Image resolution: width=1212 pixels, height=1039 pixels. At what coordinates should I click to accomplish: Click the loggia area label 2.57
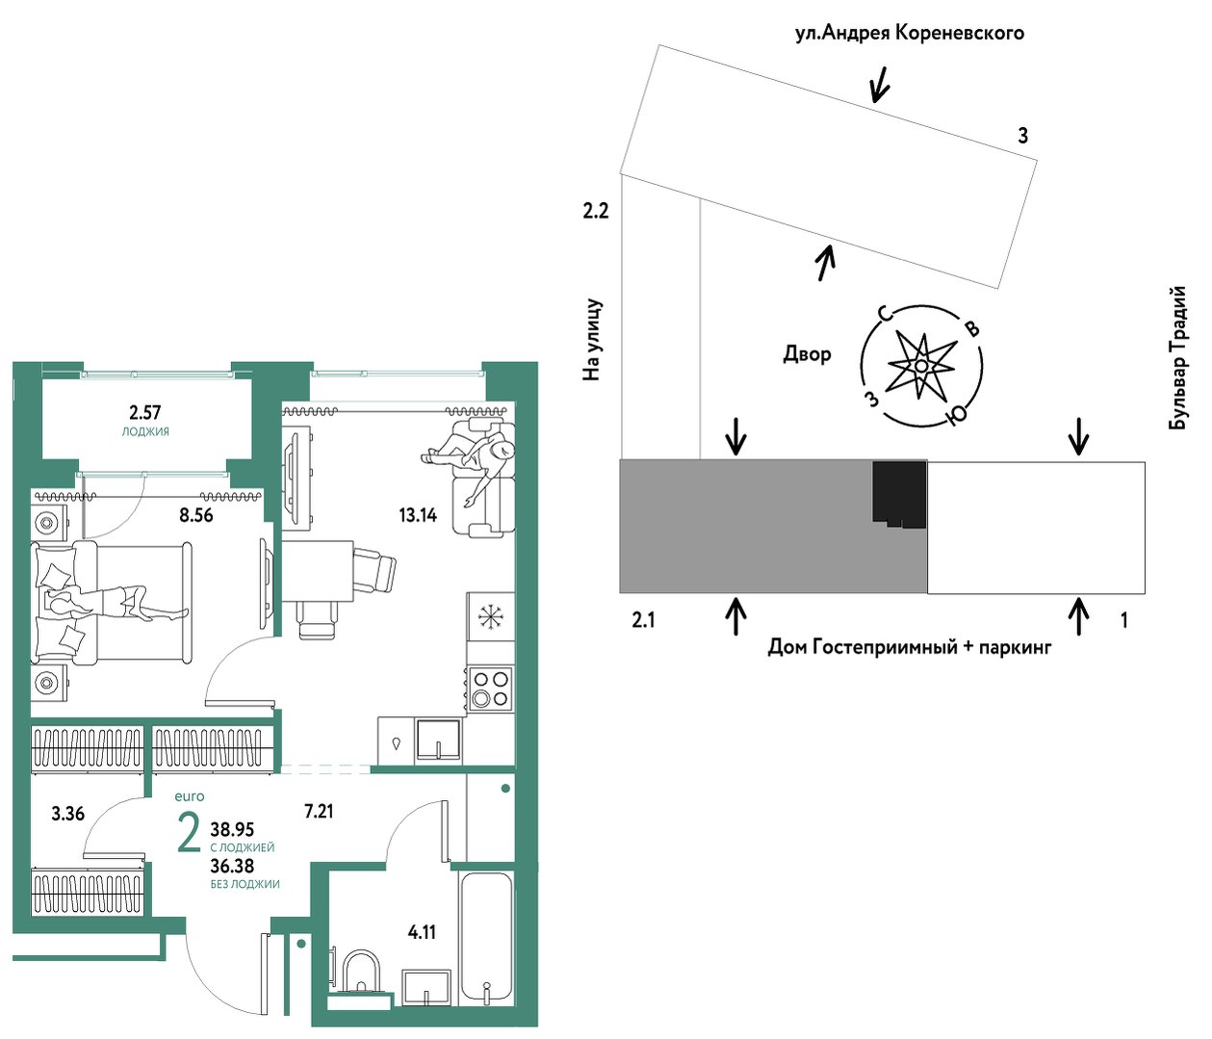point(144,412)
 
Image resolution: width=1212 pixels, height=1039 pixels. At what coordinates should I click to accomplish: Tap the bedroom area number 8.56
point(195,516)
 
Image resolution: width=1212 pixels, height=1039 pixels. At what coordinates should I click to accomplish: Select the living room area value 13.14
point(418,516)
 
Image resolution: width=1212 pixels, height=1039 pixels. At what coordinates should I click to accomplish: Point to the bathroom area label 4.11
point(423,932)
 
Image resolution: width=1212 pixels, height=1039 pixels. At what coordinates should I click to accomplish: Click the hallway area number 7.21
point(319,812)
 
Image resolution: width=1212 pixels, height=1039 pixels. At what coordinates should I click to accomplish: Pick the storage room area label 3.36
point(68,814)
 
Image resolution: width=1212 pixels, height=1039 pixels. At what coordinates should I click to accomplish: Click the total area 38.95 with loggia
point(232,829)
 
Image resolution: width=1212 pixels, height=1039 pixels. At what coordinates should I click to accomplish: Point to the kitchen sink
point(438,740)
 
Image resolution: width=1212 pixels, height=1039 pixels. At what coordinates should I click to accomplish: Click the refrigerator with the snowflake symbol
point(490,616)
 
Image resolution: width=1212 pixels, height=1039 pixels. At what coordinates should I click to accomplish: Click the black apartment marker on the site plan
point(899,493)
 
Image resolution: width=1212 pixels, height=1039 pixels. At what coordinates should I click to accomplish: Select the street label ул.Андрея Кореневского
point(910,34)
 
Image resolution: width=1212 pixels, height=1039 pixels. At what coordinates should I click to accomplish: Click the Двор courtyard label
point(808,353)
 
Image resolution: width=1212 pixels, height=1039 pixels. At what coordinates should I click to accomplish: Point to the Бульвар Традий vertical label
point(1177,358)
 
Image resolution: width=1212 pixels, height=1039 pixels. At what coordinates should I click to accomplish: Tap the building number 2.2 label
point(596,211)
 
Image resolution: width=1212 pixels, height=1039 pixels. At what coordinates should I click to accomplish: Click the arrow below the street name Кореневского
point(879,84)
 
